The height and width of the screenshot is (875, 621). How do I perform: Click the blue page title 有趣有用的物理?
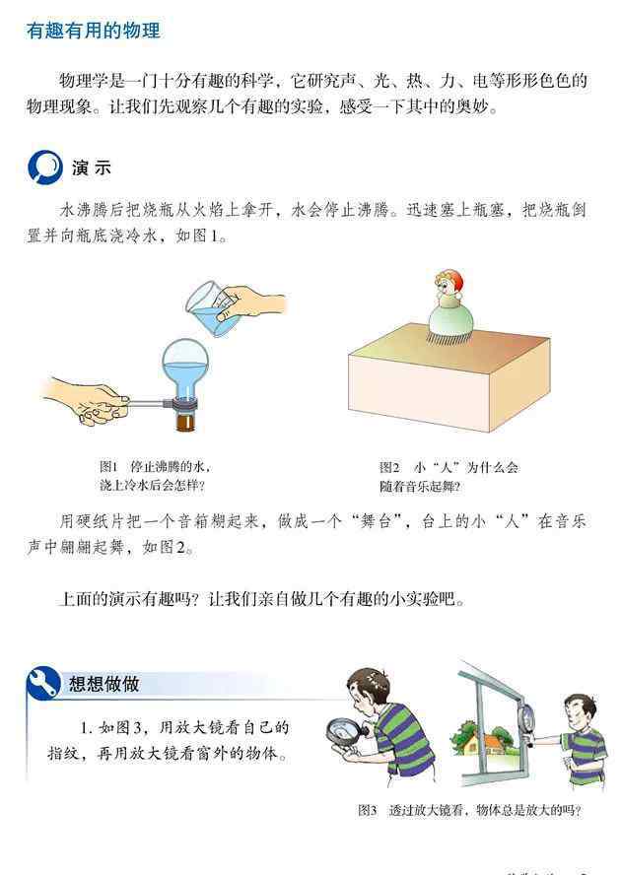coord(94,31)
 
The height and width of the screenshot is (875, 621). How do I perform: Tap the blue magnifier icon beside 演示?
coord(45,167)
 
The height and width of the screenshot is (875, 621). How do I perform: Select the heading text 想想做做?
coord(104,684)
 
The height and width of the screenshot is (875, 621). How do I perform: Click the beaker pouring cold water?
coord(206,308)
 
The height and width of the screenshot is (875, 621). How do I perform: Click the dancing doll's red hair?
coord(454,278)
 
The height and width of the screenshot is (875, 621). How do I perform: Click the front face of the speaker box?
coord(418,391)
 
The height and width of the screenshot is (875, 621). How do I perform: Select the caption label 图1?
coord(108,466)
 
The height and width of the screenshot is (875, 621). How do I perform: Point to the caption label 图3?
coord(368,810)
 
